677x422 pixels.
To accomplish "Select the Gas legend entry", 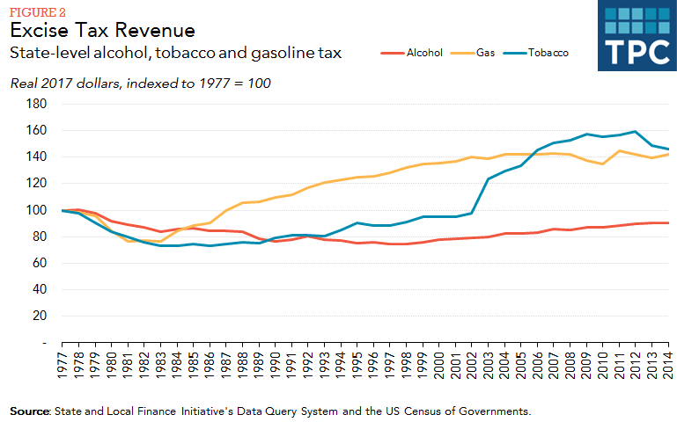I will (486, 53).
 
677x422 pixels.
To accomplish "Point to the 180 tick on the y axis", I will (36, 104).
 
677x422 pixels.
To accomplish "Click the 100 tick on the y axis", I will (36, 210).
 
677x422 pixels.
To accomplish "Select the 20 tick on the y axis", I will (40, 316).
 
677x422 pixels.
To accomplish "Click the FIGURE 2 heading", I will (37, 11).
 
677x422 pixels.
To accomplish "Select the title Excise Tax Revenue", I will (102, 31).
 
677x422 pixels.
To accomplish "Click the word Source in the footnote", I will (30, 411).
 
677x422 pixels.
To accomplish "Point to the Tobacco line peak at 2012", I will (635, 132).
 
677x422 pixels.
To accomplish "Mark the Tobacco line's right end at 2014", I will (667, 149).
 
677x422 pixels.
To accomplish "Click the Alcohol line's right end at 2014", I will (667, 222).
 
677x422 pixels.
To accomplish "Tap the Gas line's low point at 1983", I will (160, 241).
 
